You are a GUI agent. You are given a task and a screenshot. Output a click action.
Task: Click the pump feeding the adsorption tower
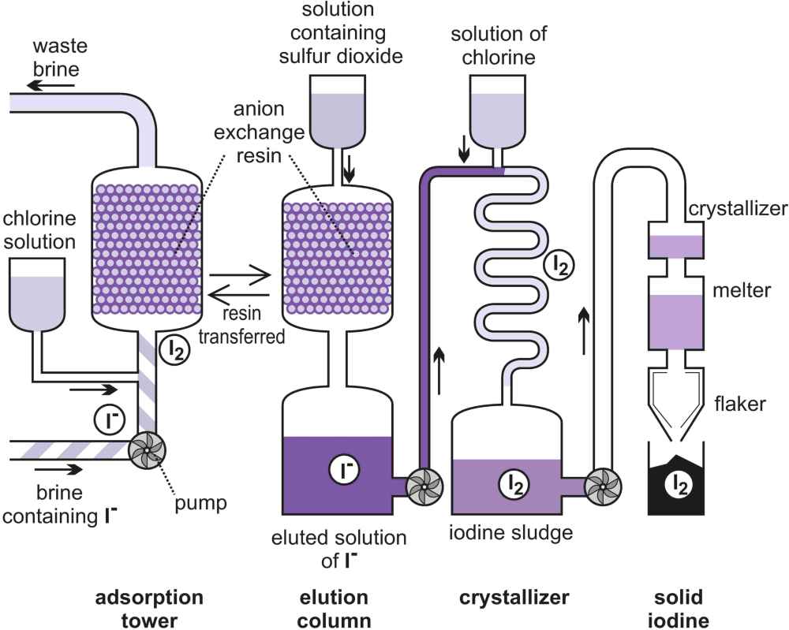147,450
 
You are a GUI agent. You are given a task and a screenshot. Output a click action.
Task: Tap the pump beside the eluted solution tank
424,486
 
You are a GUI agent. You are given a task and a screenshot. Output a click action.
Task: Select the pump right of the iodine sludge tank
602,486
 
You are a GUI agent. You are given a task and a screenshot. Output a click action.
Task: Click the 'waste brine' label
60,58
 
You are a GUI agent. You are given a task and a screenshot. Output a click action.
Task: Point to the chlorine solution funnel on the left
37,295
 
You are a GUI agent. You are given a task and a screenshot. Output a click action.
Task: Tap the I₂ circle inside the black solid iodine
679,485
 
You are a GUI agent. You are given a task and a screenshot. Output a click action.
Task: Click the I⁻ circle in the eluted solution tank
344,470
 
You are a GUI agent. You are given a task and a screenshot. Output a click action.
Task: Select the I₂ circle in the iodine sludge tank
514,485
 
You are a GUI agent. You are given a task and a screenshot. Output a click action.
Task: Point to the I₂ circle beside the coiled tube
559,264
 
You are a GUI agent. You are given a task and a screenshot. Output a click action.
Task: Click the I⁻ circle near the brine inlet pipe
109,419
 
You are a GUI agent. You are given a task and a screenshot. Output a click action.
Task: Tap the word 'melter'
742,290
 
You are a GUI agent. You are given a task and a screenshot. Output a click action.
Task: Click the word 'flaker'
740,403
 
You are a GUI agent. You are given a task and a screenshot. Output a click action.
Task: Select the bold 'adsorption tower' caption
149,609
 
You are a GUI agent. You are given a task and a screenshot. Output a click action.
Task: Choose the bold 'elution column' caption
334,609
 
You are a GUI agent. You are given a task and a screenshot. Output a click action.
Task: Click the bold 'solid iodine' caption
679,609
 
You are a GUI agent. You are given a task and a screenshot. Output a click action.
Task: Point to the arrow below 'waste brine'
50,85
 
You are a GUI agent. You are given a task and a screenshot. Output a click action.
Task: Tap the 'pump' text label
200,503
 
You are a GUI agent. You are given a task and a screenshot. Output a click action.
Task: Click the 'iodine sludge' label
510,533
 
